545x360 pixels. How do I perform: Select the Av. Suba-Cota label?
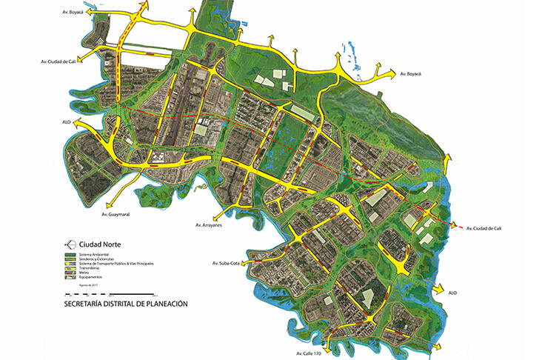tap(224, 264)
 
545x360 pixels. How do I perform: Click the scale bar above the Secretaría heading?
tap(118, 295)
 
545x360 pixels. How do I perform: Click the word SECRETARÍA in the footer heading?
tap(88, 304)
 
